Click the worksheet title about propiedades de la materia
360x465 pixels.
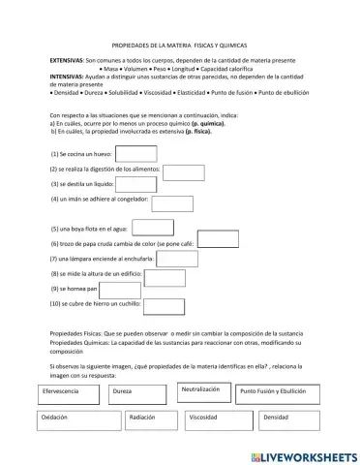pos(180,45)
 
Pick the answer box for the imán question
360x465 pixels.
pos(173,203)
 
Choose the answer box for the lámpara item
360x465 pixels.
pos(177,260)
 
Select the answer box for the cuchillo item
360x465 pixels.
pos(165,306)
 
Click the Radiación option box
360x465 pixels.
pos(152,419)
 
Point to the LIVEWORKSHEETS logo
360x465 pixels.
pos(303,454)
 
